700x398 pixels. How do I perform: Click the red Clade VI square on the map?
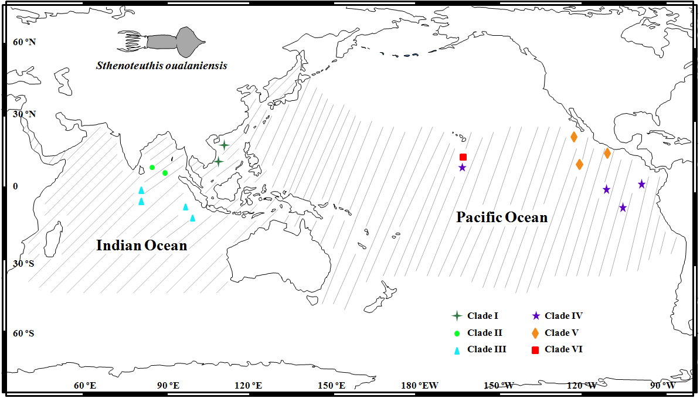pos(463,157)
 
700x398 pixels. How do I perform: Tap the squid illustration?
pos(162,40)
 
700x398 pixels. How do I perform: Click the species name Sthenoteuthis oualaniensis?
pos(162,66)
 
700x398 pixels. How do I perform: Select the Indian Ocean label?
pos(142,246)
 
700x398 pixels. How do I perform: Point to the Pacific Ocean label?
pos(502,217)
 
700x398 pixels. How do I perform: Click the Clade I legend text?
pos(483,315)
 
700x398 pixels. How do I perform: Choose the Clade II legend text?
pos(485,333)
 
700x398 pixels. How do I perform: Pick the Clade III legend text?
pos(487,349)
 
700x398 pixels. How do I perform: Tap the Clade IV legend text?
pos(563,315)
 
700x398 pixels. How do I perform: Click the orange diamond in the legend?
pos(535,333)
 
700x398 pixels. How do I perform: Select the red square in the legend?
pos(535,351)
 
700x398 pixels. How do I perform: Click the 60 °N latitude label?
pos(24,43)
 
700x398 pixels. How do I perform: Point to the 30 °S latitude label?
pos(24,264)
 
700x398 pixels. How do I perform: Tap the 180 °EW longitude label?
pos(420,386)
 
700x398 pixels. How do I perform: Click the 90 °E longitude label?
pos(168,386)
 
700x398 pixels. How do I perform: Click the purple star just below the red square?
pos(463,168)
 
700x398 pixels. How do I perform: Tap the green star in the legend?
pos(457,315)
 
